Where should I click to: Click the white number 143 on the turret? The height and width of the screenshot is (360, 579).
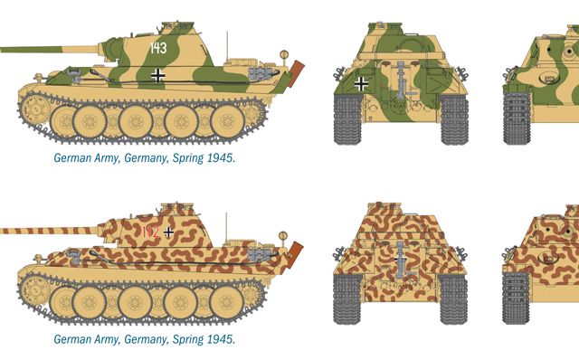158,48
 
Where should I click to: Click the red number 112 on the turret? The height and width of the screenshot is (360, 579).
150,232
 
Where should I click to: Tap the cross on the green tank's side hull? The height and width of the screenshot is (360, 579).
158,75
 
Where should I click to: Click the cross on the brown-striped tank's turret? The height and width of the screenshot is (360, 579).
168,232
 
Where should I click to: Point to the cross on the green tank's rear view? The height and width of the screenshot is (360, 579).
361,84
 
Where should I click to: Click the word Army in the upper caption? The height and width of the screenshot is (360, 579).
107,158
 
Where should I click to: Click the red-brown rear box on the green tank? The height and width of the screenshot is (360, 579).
296,73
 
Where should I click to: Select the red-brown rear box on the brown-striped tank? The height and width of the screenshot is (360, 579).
295,254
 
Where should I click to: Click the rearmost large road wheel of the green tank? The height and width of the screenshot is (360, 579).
227,121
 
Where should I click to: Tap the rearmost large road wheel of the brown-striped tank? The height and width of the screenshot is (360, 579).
227,302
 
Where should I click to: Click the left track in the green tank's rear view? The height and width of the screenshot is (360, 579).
347,118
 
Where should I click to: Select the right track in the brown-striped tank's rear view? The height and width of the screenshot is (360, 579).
453,299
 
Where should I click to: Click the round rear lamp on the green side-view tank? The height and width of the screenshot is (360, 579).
283,54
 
